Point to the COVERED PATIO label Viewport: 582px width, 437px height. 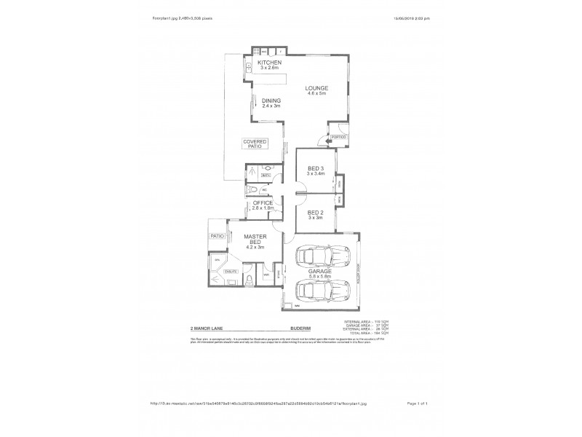pos(255,143)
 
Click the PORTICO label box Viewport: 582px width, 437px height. pos(338,137)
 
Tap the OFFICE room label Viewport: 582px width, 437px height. pos(263,203)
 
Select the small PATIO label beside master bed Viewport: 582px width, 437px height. pos(217,237)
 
